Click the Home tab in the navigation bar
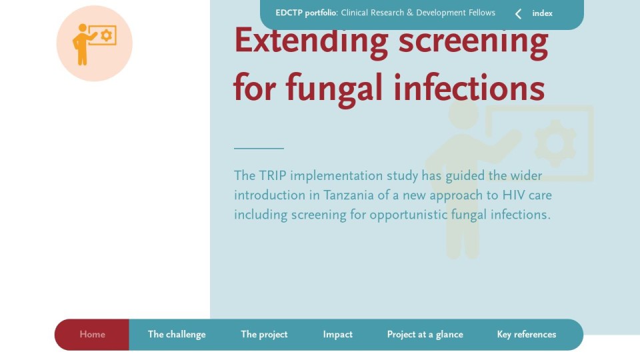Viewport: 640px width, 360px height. point(92,335)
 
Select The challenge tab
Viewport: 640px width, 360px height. point(177,335)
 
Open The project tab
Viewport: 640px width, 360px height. point(264,335)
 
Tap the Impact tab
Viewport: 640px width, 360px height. point(337,335)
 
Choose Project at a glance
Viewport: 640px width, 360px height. point(425,335)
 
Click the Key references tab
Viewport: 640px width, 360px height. point(527,335)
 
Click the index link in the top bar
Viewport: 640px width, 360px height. point(543,13)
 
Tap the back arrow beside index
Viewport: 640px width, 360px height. point(518,14)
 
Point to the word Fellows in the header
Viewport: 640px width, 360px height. point(481,13)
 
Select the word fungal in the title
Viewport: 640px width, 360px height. point(334,89)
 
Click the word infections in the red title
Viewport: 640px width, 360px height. point(469,87)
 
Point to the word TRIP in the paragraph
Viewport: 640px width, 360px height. point(273,176)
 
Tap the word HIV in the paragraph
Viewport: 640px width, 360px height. point(513,195)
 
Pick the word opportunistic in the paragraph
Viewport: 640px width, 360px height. point(409,215)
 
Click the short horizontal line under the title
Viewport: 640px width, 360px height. point(259,148)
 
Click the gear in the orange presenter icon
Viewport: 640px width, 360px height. point(106,35)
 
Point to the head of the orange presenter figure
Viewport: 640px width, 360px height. point(83,28)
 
